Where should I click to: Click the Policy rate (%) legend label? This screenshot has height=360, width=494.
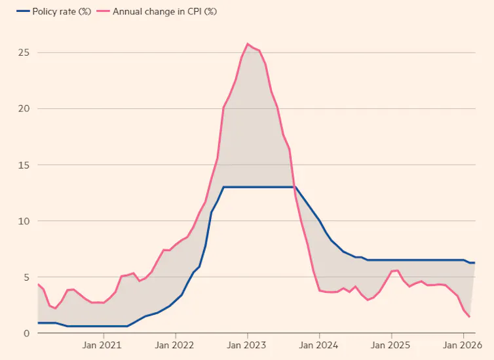click(47, 11)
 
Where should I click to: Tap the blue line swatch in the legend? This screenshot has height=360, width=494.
click(11, 11)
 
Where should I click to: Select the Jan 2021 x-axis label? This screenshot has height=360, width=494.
click(103, 344)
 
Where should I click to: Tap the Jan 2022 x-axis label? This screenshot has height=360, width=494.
click(175, 344)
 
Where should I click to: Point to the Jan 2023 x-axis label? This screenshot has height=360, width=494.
click(247, 344)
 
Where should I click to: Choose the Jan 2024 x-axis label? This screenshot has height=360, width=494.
click(319, 344)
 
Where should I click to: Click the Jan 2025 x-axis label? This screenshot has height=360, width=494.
click(391, 344)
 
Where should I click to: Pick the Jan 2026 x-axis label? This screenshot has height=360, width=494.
click(463, 344)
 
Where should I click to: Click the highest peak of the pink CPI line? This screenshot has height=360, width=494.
click(248, 44)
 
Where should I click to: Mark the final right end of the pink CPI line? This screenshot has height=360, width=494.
click(470, 317)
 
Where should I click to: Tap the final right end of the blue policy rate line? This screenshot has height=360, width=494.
click(474, 263)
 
